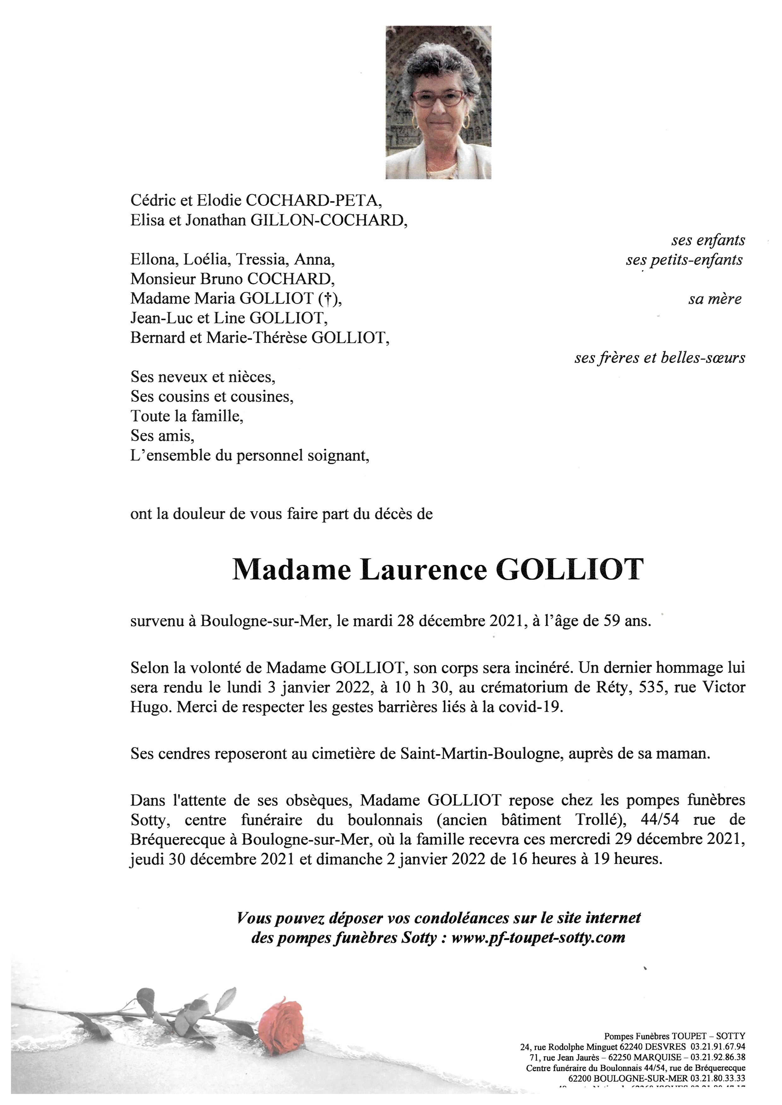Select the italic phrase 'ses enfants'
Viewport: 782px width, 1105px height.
tap(708, 240)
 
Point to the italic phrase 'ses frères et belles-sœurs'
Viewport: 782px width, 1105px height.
tap(660, 358)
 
